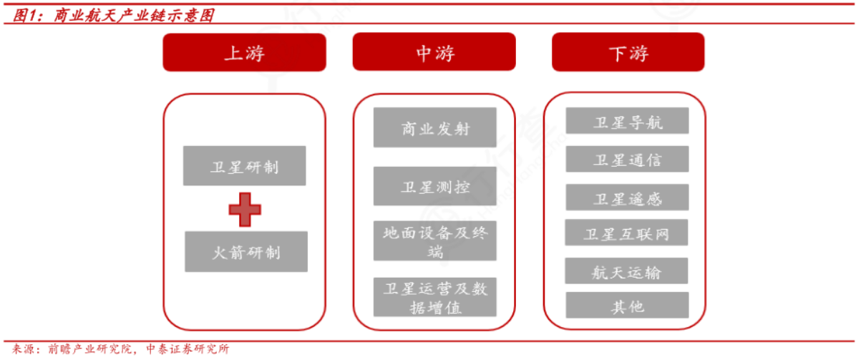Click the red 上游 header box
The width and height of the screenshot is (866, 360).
244,52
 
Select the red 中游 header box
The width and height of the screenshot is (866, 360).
434,52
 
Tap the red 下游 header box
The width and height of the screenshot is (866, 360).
628,52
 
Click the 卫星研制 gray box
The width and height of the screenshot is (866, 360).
245,166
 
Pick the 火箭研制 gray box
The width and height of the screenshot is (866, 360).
245,252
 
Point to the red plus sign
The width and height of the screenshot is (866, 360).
245,209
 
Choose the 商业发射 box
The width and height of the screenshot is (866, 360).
434,127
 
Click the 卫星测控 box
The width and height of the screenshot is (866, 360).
434,187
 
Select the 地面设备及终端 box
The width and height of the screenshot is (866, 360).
434,240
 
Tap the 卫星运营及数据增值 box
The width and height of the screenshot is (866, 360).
434,297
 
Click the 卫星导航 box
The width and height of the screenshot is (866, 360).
627,121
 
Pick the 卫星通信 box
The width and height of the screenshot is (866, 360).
627,159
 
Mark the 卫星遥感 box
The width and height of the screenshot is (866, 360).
627,198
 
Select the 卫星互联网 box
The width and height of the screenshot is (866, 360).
627,233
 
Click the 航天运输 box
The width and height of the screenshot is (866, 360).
627,271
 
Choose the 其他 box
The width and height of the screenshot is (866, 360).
627,306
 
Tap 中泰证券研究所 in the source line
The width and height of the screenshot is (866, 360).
187,349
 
